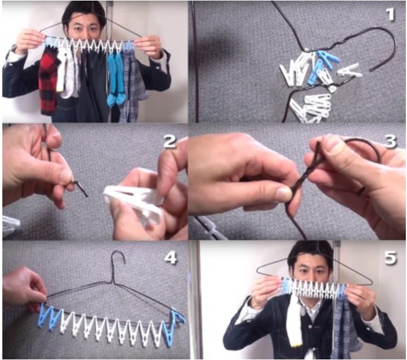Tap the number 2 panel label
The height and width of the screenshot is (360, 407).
170,141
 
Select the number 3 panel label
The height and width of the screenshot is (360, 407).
390,141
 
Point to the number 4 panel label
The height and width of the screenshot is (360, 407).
170,257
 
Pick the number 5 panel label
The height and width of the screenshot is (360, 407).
390,257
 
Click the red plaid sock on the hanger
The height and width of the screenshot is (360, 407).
48,80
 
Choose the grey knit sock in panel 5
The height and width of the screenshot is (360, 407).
344,327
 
